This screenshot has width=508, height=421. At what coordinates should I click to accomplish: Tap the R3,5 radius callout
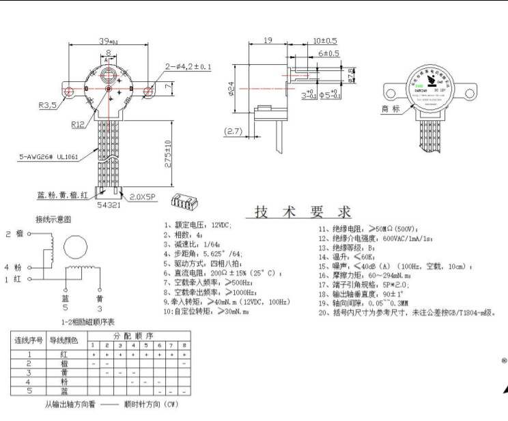tap(48, 106)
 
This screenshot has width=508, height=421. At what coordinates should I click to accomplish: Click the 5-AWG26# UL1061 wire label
tap(49, 157)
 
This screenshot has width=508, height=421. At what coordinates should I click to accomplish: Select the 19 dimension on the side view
tap(268, 41)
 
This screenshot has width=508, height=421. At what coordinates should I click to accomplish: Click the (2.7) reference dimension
tap(234, 131)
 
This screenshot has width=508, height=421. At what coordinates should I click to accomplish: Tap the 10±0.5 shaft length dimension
tap(325, 41)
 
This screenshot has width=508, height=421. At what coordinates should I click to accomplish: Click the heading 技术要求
tap(303, 212)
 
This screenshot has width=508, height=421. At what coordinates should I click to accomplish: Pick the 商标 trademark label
tap(391, 108)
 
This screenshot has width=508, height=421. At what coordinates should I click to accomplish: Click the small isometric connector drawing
tap(184, 203)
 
